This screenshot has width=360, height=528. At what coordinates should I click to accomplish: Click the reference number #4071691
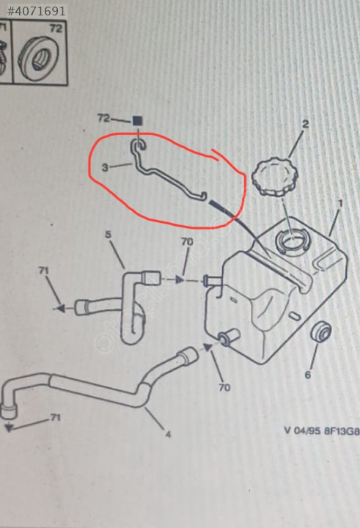[36, 11]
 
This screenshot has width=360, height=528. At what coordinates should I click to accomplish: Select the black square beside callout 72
[137, 120]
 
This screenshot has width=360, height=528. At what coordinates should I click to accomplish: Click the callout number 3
[105, 167]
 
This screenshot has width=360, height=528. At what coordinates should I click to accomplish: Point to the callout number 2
[305, 124]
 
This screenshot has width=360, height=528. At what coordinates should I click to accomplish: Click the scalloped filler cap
[275, 178]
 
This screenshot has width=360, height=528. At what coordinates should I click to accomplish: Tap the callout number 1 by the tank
[340, 203]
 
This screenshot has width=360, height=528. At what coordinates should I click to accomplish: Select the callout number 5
[108, 234]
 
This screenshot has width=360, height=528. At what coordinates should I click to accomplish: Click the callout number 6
[308, 375]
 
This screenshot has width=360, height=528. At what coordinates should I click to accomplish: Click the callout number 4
[168, 434]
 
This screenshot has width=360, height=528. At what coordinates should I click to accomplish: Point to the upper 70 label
[187, 241]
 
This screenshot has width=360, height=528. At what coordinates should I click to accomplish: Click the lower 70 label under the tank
[224, 387]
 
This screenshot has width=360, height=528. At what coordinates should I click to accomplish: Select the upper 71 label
[43, 271]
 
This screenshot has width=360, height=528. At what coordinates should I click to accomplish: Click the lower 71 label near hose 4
[55, 417]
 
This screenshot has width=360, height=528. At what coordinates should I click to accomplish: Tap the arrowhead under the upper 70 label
[180, 279]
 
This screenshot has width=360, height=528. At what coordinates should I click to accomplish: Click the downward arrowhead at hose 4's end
[9, 428]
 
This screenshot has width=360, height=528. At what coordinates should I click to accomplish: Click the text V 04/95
[302, 430]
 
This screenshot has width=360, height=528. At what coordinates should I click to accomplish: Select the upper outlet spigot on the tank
[212, 280]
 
